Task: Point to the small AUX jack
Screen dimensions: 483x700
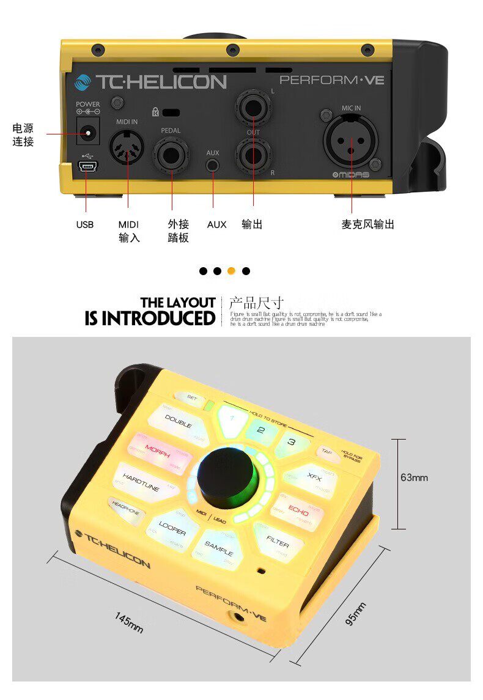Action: [213, 164]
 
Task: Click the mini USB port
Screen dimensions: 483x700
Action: [86, 167]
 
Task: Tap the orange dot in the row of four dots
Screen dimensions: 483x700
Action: [231, 271]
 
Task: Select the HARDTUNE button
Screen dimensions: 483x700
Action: [142, 479]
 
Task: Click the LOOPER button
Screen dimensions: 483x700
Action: [172, 528]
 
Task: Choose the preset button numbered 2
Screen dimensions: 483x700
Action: [260, 430]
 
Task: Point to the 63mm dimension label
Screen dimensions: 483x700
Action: [415, 477]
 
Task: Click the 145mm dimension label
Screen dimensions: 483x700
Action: [129, 622]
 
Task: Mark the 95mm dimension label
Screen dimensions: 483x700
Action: [356, 614]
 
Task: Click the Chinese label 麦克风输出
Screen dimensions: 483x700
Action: [367, 224]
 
